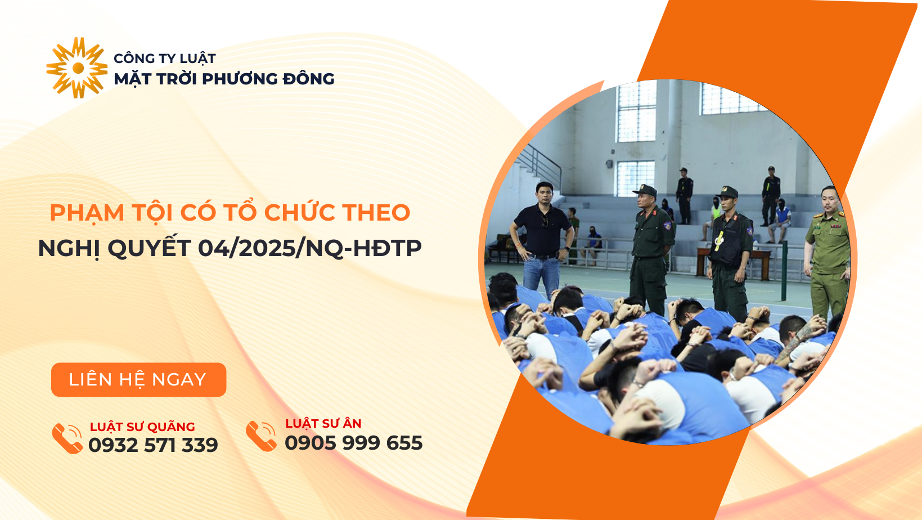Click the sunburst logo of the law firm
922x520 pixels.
pos(77,68)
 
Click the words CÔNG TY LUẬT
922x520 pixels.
pos(165,59)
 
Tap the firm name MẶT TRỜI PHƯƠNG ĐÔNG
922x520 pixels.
pos(224,79)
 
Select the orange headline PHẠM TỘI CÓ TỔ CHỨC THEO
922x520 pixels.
pos(230,213)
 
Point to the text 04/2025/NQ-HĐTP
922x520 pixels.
pos(310,248)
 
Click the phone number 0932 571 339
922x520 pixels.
pos(153,445)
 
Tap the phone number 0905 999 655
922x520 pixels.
pos(354,442)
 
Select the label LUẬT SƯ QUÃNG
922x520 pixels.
pos(142,427)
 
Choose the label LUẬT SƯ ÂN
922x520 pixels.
pos(323,423)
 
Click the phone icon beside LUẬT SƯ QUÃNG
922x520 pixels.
pos(67,438)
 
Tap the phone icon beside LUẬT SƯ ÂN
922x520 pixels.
pos(261,436)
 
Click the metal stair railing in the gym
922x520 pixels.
pos(539,165)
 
